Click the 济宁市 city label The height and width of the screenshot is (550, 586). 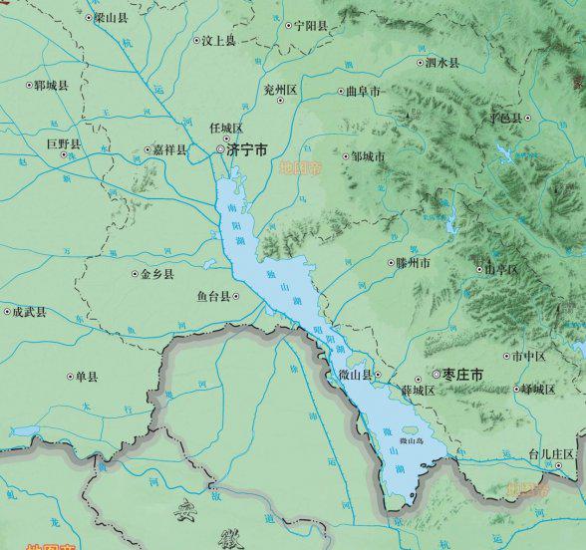point(247,150)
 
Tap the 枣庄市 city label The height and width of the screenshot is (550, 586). point(463,375)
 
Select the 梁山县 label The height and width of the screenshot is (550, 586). point(112,18)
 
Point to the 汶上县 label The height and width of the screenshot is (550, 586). point(218,41)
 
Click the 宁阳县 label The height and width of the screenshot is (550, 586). point(311,26)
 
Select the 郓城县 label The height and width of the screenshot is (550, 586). point(51,86)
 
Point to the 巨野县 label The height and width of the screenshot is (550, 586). point(64,144)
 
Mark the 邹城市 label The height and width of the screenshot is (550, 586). point(368,156)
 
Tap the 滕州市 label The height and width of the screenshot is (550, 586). point(414,264)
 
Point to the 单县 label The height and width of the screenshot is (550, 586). point(87,377)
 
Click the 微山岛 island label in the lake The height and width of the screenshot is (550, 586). point(412,439)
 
